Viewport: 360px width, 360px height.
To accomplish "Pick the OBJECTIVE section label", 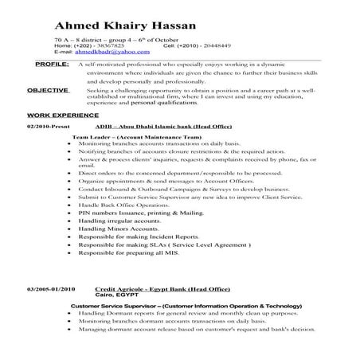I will coord(47,90).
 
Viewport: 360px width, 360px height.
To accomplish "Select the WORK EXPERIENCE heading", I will coord(57,115).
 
